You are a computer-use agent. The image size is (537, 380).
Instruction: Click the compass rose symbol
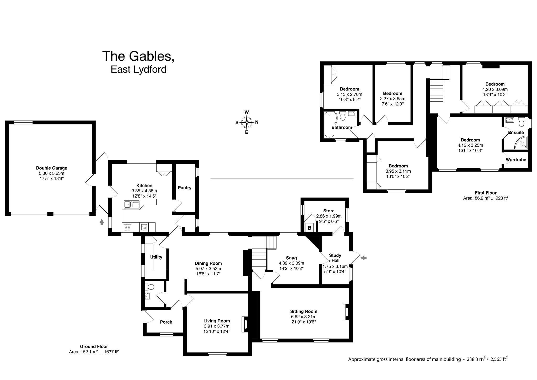coord(246,122)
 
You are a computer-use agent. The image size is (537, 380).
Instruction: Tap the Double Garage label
coord(51,168)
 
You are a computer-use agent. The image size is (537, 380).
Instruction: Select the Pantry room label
coord(185,188)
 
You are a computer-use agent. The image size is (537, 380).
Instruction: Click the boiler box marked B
coord(309,228)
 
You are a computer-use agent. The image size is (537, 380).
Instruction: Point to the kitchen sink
coord(131,204)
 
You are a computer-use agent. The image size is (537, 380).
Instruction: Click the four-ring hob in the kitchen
coord(128,227)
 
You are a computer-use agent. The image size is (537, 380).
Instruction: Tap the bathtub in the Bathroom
coord(329,125)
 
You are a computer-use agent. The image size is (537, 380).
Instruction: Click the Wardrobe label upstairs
coord(516,160)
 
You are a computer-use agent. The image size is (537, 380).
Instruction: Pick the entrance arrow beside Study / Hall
coord(364,258)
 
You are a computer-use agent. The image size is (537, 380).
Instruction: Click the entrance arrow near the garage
coord(102,222)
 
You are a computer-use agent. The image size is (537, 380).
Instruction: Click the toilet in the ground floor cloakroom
coord(149,287)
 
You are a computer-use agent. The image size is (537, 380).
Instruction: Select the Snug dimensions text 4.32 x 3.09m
coord(291,263)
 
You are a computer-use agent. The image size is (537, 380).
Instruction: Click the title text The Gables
coord(138,56)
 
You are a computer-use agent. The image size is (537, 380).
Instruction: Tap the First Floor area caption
coord(486,196)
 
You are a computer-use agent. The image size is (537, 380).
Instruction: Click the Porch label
coord(166,322)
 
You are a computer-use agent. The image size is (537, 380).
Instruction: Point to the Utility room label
coord(156,257)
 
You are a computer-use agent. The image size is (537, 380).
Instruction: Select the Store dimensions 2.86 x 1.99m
coord(329,216)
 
